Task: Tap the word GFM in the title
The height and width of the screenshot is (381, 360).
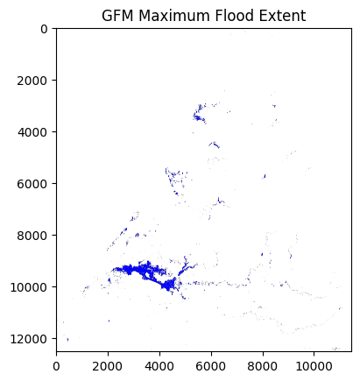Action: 118,16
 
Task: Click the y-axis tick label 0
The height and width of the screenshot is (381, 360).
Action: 44,29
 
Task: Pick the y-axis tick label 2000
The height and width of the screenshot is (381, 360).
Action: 32,81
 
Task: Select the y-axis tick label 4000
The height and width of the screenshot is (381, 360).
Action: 32,132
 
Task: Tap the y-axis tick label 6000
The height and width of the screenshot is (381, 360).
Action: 32,184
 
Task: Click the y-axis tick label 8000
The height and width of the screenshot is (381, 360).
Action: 32,236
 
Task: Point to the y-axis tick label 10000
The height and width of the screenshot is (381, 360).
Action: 29,287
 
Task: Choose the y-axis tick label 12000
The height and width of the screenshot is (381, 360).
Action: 29,339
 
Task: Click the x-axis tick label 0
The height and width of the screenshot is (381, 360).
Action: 57,366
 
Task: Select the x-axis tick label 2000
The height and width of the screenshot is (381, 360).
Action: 108,366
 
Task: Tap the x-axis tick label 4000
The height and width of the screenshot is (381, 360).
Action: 159,366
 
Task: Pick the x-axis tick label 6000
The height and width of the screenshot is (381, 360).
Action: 211,366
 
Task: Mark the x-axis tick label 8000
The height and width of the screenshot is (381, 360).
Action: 263,366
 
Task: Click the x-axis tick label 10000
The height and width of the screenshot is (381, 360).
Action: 314,366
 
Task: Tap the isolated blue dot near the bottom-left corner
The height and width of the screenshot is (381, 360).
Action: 67,339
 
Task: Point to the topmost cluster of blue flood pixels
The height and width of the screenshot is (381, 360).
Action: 199,114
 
